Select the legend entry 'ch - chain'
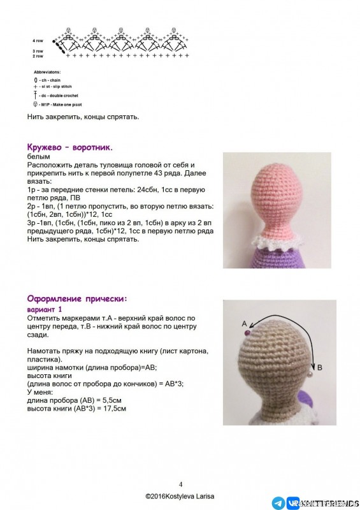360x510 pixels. click(x=48, y=81)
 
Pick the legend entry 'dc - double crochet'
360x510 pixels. click(x=54, y=95)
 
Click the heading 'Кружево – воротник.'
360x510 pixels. click(x=69, y=147)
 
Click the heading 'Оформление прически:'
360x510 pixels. click(x=76, y=298)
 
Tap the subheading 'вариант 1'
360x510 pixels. click(x=47, y=309)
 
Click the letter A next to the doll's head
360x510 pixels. click(x=245, y=323)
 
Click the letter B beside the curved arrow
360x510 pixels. click(x=320, y=368)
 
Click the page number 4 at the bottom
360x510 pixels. click(x=180, y=484)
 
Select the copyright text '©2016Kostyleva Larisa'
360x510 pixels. click(x=180, y=496)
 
